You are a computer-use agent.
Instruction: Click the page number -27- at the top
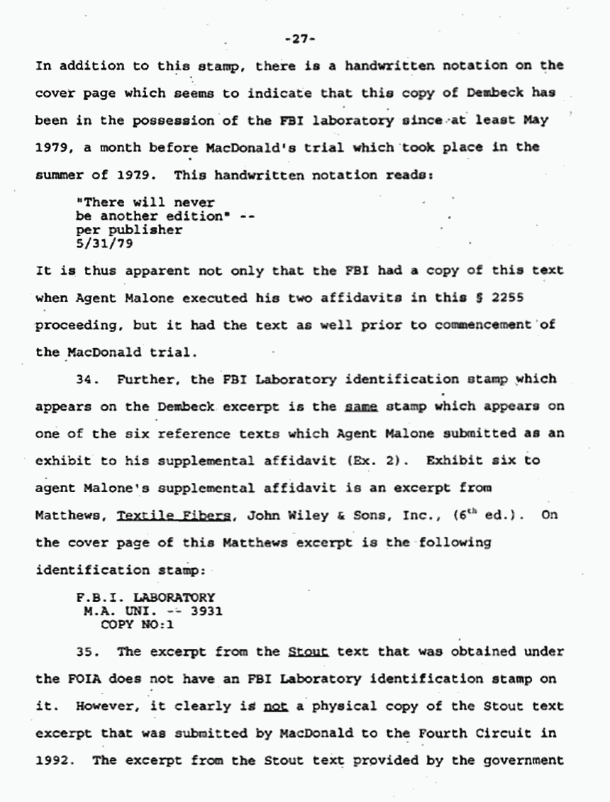(303, 40)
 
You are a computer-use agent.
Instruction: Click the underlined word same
(360, 406)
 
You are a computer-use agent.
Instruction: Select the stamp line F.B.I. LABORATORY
(145, 597)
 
